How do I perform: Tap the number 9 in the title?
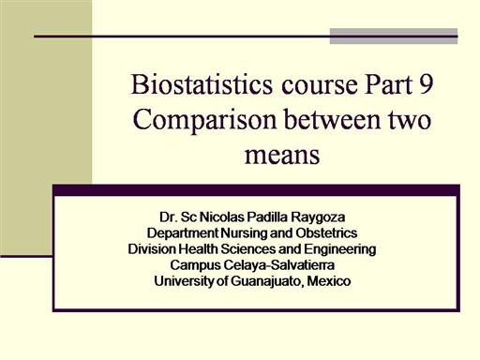tap(426, 84)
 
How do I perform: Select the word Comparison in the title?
tap(205, 121)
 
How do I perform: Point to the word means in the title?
tap(282, 155)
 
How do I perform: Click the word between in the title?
tap(333, 119)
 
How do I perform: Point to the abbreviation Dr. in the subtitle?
tap(169, 217)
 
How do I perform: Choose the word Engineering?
tap(340, 250)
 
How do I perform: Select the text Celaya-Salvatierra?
tap(279, 266)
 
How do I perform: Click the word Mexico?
tap(329, 281)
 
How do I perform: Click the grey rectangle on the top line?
tap(394, 37)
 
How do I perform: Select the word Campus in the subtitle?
tap(196, 266)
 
